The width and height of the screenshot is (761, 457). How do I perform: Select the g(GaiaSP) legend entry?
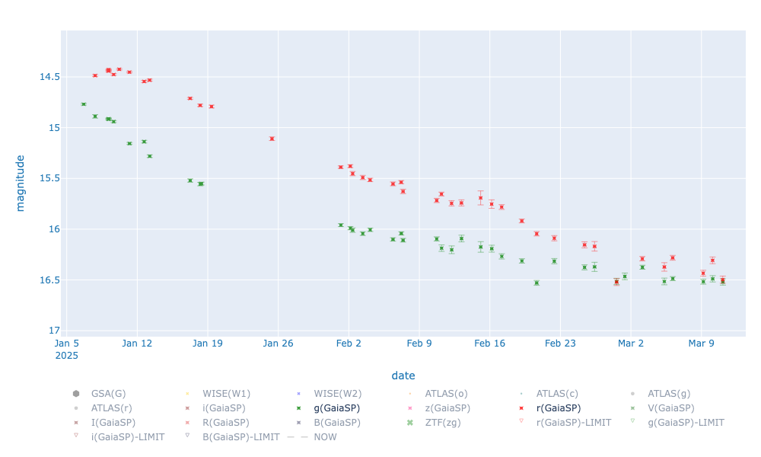336,408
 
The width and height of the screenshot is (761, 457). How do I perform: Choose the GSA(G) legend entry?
108,394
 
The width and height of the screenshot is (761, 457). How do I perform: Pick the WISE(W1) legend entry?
226,394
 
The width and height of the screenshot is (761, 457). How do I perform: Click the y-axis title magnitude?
21,183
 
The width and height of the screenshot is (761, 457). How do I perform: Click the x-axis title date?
403,376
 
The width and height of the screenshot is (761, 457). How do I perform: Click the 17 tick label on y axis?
49,331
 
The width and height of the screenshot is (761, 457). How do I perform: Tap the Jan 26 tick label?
278,344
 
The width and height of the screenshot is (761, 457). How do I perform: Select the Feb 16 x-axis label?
489,344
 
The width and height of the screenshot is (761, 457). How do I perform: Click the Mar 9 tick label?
701,344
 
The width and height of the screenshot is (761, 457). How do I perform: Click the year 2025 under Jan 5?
66,356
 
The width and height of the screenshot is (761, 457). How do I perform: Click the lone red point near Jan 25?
272,139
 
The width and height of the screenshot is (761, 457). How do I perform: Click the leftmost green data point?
84,104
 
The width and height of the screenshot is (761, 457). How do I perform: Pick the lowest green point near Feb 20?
537,283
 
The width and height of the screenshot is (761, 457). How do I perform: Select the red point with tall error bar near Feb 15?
480,198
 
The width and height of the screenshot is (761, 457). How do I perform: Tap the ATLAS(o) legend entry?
446,394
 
